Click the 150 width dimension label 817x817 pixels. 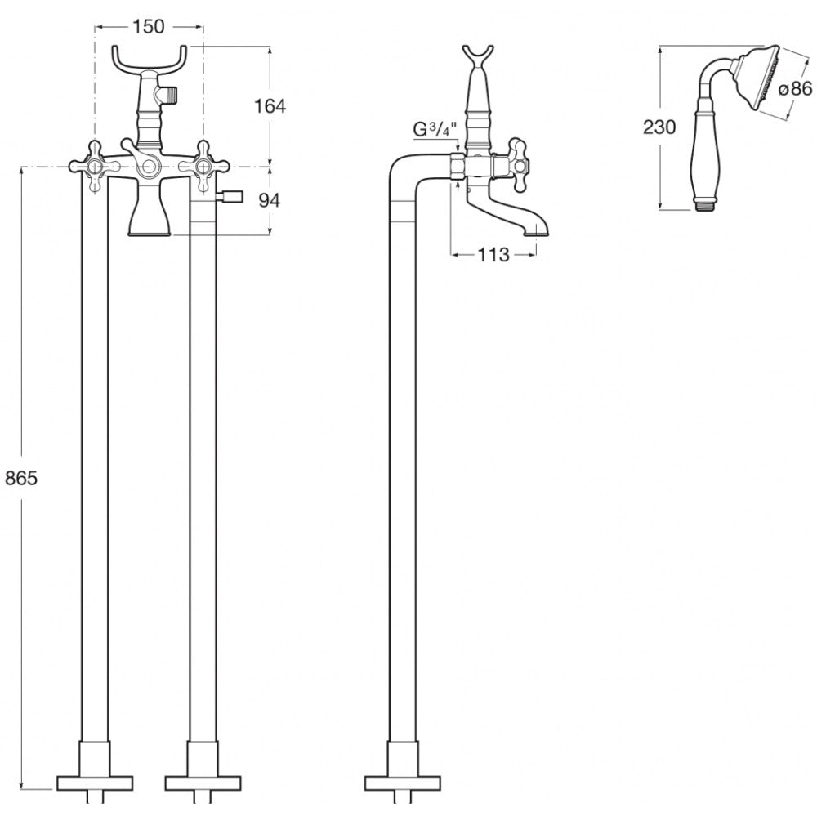pos(149,27)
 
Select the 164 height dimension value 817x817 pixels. pos(270,106)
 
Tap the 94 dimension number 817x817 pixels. pos(270,200)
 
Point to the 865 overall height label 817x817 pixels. pos(21,478)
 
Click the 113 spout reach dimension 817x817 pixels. pos(493,255)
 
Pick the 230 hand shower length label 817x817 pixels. pos(659,127)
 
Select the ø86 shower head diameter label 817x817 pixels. pos(795,89)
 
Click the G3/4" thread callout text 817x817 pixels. pos(435,130)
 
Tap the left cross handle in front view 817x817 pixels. pos(95,167)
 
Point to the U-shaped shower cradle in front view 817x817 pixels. pos(150,60)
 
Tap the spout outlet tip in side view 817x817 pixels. pos(536,234)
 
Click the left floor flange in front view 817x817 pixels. pos(95,784)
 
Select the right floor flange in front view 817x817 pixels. pos(203,784)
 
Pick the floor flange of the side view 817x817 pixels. pos(404,784)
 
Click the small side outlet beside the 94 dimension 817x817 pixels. pos(230,196)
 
